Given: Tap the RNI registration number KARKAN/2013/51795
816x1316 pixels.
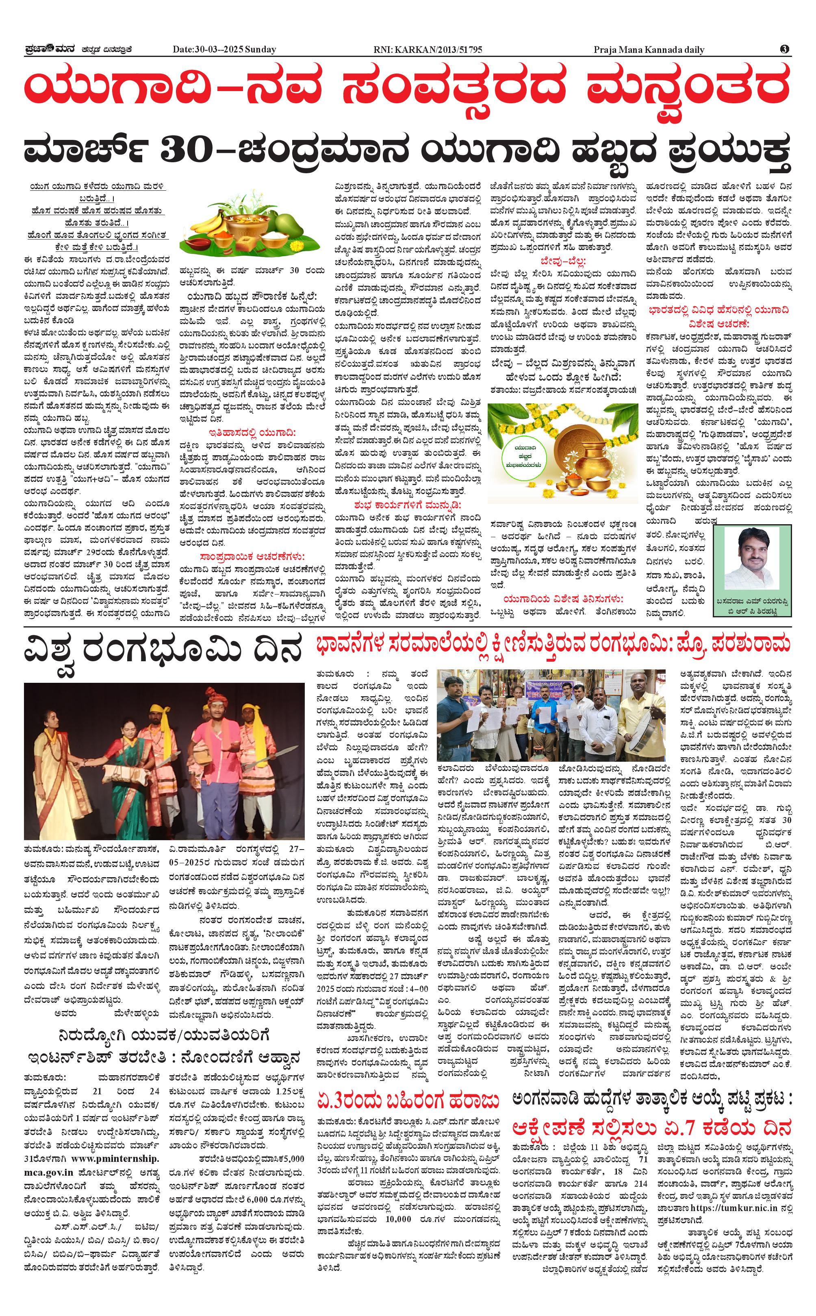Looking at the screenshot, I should point(438,50).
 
